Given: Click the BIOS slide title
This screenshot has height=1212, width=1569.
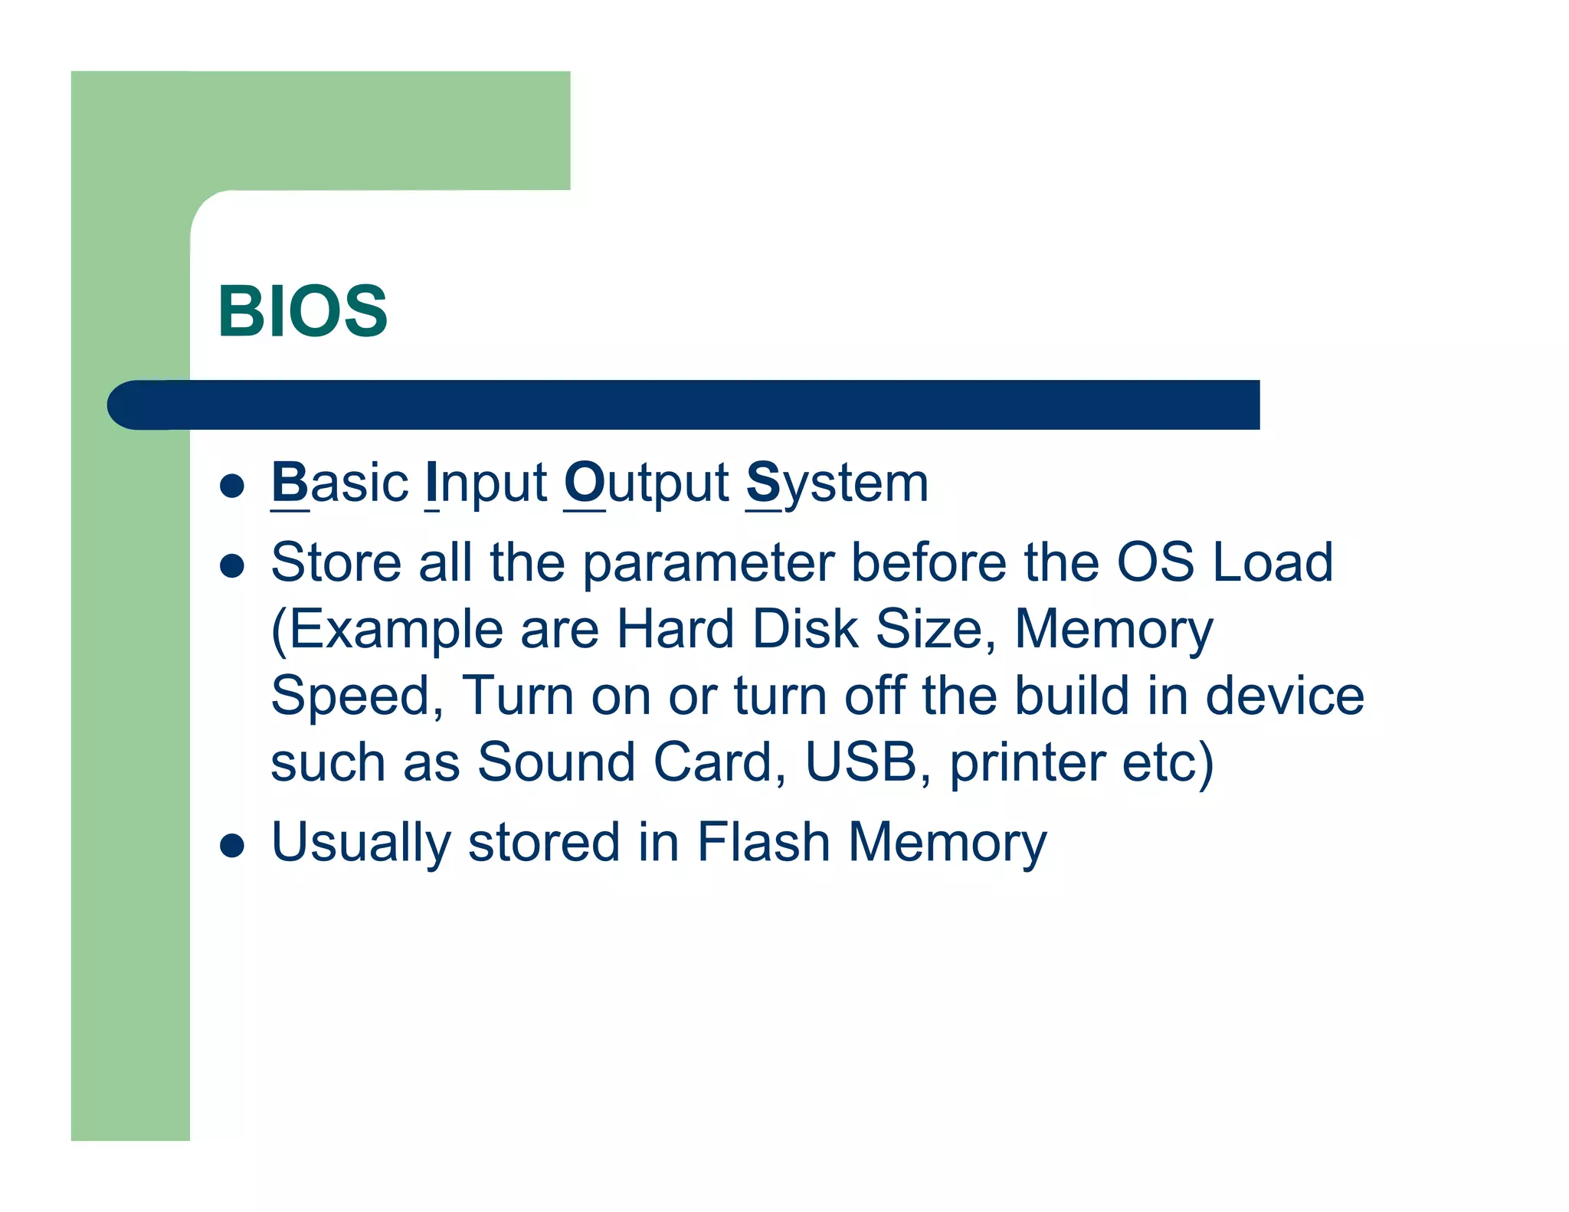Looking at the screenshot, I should pyautogui.click(x=303, y=311).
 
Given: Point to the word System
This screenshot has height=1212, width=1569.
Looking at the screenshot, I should pyautogui.click(x=837, y=483).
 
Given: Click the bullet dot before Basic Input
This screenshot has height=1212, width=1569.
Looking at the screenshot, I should pyautogui.click(x=231, y=486).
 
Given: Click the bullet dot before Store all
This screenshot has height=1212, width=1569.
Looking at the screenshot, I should pyautogui.click(x=231, y=566).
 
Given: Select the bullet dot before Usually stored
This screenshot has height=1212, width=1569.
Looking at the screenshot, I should pyautogui.click(x=231, y=846).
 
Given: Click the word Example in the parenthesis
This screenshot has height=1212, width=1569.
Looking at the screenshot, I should pyautogui.click(x=394, y=631).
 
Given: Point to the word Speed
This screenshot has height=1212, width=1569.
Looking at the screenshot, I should pyautogui.click(x=357, y=697).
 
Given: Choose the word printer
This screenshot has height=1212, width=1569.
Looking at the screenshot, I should pyautogui.click(x=1027, y=764).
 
